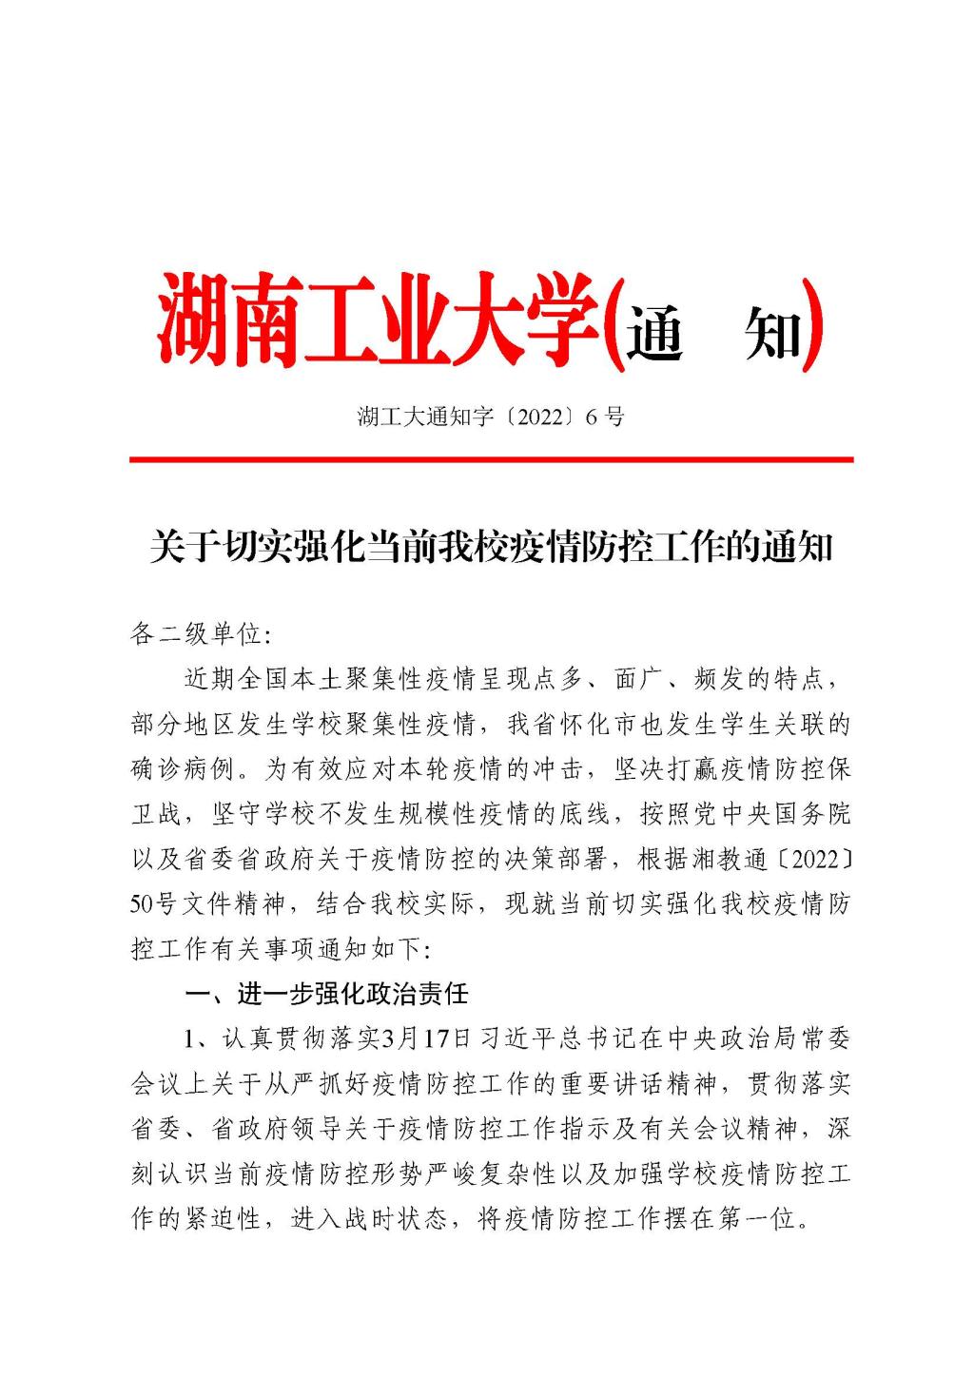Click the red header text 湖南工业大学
380,321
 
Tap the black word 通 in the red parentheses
654,332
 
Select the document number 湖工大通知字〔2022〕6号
491,417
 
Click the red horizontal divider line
491,459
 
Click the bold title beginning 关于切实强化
491,549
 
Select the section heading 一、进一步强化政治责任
326,995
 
